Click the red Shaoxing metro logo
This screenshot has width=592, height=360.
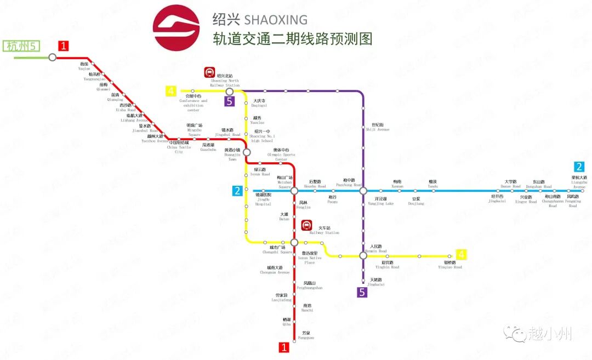177,27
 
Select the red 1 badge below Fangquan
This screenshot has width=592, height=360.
284,347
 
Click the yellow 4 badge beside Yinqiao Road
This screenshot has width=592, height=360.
462,254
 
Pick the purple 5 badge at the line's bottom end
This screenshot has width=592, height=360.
362,293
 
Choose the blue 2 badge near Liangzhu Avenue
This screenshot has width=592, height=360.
579,167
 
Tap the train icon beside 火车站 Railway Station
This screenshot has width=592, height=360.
307,226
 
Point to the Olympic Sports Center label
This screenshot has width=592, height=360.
281,155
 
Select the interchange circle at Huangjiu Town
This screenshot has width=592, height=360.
247,152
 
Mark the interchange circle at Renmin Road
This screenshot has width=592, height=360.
363,255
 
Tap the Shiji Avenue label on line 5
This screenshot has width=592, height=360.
377,127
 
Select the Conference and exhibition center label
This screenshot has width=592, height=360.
193,104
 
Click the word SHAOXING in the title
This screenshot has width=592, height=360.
275,20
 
